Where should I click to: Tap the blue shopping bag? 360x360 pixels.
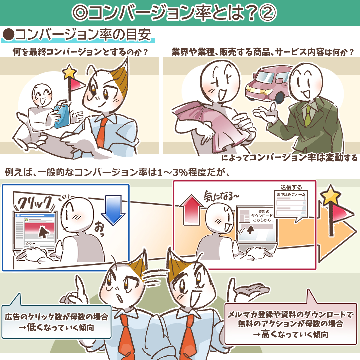click(x=62, y=114)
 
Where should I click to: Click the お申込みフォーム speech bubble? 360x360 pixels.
click(x=291, y=205)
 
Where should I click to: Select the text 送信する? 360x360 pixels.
click(x=291, y=187)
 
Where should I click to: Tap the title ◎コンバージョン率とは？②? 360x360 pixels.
click(x=174, y=12)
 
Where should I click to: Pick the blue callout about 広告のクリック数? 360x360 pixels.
click(x=56, y=321)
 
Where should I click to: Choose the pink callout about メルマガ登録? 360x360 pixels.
click(x=290, y=324)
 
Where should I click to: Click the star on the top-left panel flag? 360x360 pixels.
click(x=69, y=72)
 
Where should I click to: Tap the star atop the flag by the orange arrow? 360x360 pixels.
click(x=330, y=195)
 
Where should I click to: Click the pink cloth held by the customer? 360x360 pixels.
click(x=212, y=124)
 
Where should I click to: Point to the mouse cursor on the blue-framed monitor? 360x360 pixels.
click(x=44, y=232)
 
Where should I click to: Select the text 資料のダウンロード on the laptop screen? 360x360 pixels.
click(x=262, y=214)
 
